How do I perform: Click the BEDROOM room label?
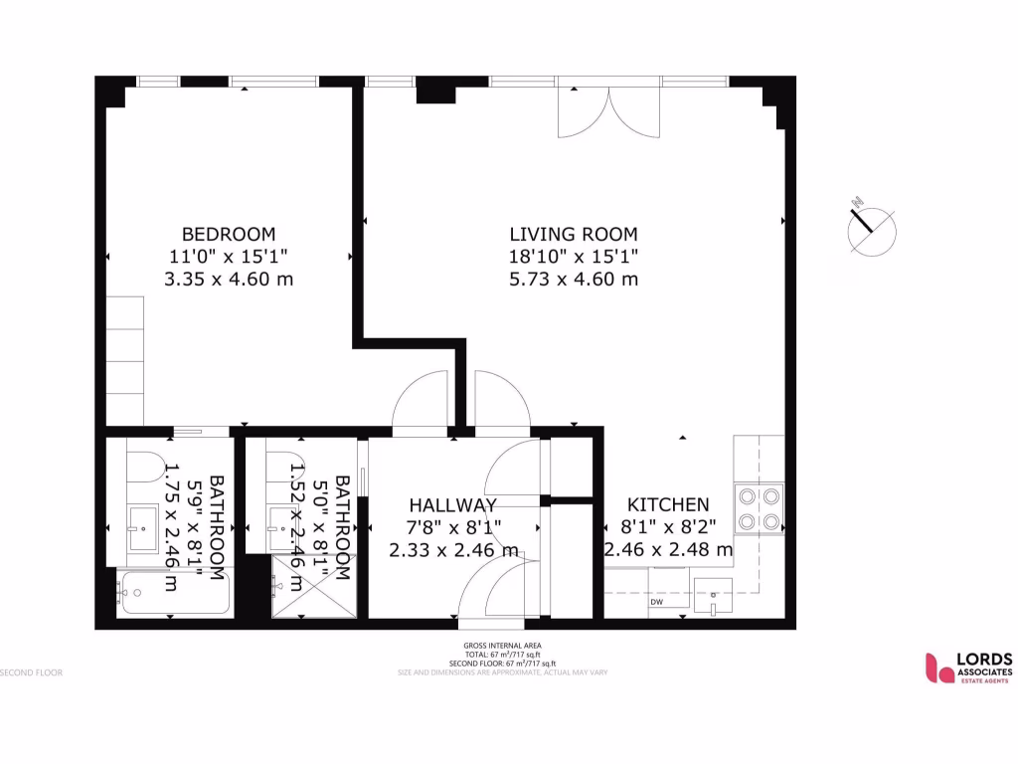point(228,234)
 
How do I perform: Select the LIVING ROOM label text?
point(573,234)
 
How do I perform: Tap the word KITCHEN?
point(668,505)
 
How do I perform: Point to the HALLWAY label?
point(452,505)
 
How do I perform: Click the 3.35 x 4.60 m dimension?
point(228,279)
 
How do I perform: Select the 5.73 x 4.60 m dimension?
point(573,279)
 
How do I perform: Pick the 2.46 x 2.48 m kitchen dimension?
point(668,549)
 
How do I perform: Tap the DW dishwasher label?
point(657,602)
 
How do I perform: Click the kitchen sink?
point(713,597)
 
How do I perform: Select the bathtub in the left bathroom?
point(174,594)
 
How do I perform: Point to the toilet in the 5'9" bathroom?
point(145,468)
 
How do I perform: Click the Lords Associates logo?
point(968,667)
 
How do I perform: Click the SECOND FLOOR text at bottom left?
point(32,672)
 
